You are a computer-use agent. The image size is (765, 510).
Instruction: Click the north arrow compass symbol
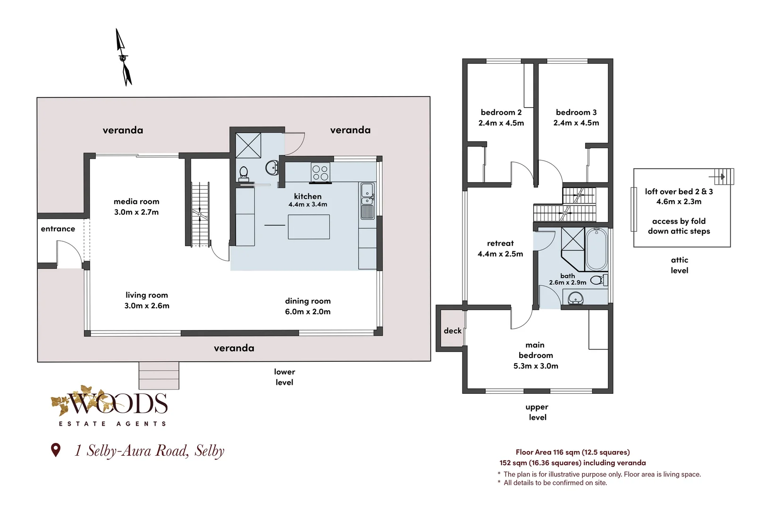point(123,58)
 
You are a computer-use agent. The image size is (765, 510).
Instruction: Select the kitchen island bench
point(309,227)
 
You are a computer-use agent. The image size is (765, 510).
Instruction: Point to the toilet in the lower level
point(244,173)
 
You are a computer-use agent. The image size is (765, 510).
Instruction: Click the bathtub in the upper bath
point(597,249)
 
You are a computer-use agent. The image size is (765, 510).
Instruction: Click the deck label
point(453,331)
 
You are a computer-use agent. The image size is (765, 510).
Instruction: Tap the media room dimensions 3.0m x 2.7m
point(136,212)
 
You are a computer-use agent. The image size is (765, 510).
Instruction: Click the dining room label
point(308,301)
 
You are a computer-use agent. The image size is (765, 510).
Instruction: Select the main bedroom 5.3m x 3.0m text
point(536,355)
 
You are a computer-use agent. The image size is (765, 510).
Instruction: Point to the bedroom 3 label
point(576,112)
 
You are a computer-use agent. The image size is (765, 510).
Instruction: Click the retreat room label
point(500,243)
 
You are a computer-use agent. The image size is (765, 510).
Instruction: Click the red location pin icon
point(56,450)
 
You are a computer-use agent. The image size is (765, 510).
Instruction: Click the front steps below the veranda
point(159,375)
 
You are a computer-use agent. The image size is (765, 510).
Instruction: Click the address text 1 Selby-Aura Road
point(132,450)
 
